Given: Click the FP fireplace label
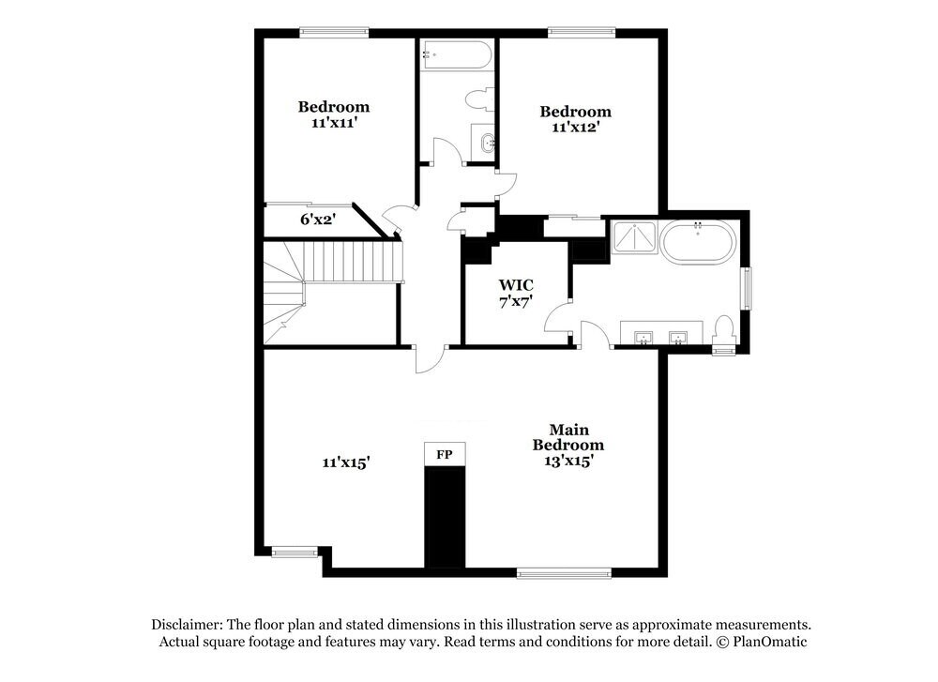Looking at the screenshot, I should click(x=445, y=454).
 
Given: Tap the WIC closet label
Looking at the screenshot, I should click(x=516, y=284).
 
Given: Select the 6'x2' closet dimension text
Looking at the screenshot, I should click(x=318, y=220).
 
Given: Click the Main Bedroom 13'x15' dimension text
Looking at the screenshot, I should click(x=568, y=461).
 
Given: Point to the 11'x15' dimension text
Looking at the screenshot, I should click(x=346, y=462).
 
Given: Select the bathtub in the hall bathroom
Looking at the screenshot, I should click(x=456, y=54).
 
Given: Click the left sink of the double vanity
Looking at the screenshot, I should click(x=644, y=336).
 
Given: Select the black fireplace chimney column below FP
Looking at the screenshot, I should click(x=445, y=516).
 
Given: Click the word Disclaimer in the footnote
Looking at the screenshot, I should click(x=187, y=624).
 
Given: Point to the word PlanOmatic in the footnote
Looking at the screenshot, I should click(x=770, y=642).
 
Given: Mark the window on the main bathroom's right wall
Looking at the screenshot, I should click(x=747, y=288).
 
